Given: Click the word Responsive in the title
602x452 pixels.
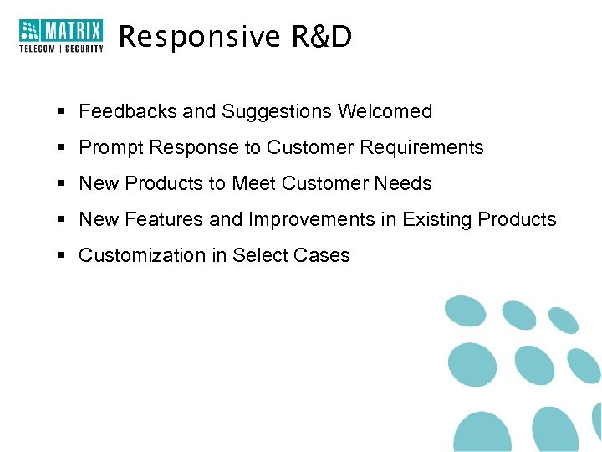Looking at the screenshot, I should pyautogui.click(x=188, y=36).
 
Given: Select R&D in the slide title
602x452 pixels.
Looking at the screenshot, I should pyautogui.click(x=322, y=36).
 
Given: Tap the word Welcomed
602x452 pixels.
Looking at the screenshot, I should pyautogui.click(x=385, y=111).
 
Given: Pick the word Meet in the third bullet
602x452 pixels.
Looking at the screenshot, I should pyautogui.click(x=253, y=183).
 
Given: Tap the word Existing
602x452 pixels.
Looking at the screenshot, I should pyautogui.click(x=437, y=220).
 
